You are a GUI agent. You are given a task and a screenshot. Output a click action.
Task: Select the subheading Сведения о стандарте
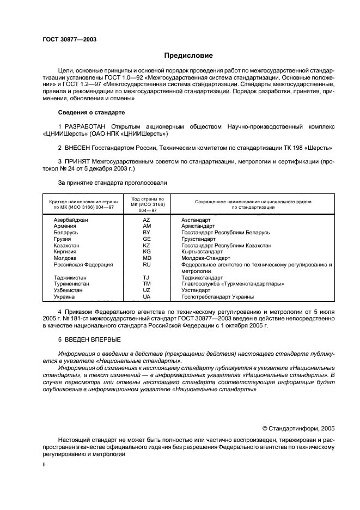pos(91,112)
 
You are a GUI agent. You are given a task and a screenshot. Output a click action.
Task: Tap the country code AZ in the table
pos(147,220)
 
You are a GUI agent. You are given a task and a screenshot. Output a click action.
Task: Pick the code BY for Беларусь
pos(147,233)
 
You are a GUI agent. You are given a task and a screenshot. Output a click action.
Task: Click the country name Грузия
pos(62,239)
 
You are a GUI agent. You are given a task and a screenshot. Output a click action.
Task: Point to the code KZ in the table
pos(147,245)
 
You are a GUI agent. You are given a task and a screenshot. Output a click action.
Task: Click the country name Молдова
pos(64,258)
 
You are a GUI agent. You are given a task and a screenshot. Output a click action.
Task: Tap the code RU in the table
pos(147,264)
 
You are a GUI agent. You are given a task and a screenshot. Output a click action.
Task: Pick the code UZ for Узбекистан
pos(147,290)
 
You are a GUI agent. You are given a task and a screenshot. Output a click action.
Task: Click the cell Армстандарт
pos(198,226)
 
